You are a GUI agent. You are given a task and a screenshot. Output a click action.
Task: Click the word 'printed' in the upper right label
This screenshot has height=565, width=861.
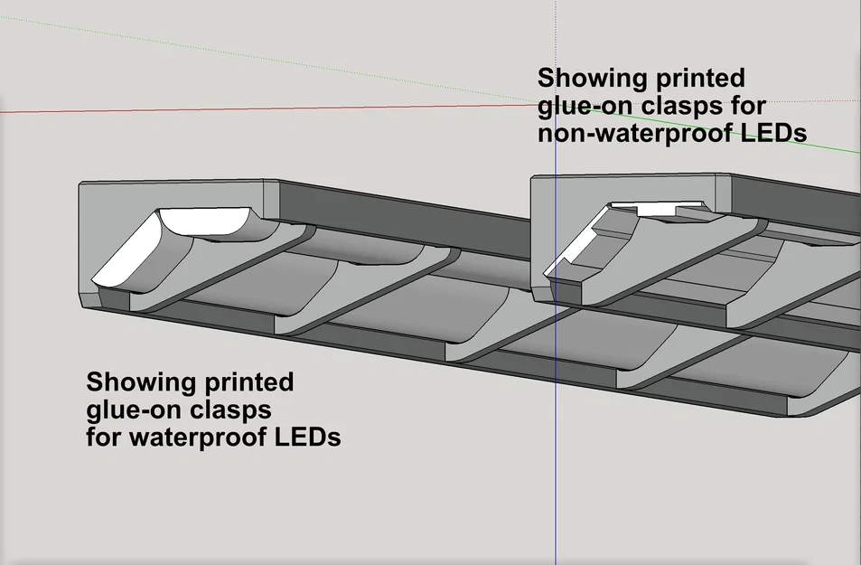pos(700,77)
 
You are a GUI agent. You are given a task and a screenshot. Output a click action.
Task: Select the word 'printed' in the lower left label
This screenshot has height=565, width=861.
pos(248,381)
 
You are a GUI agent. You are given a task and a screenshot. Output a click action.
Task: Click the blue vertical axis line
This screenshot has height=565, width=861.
pos(556,452)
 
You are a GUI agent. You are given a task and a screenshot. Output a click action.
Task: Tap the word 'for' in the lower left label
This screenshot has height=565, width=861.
pos(105,438)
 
